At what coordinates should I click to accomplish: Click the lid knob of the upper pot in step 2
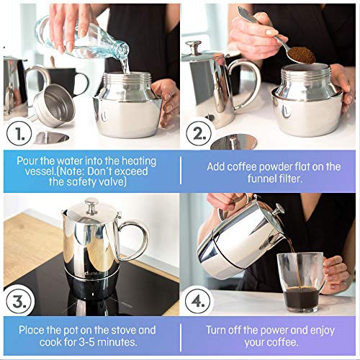pos(192,48)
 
